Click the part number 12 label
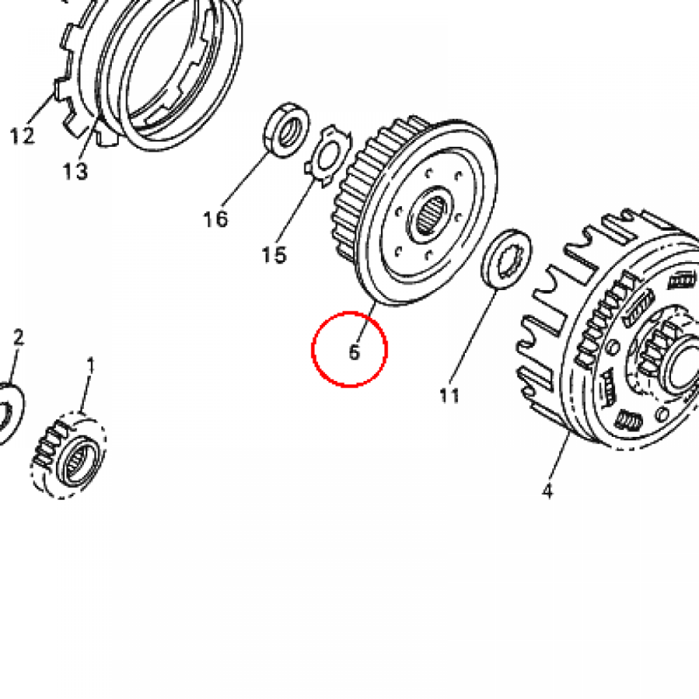(x=23, y=136)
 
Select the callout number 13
(x=75, y=171)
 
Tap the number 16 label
(x=215, y=219)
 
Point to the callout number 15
(x=274, y=255)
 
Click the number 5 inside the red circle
(x=354, y=352)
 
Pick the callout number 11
(x=449, y=395)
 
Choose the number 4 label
(x=547, y=491)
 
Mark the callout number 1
(x=91, y=366)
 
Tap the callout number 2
(x=18, y=337)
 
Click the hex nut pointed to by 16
(x=286, y=130)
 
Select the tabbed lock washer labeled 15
(x=328, y=156)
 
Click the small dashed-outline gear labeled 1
(x=68, y=455)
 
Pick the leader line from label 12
(x=41, y=108)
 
